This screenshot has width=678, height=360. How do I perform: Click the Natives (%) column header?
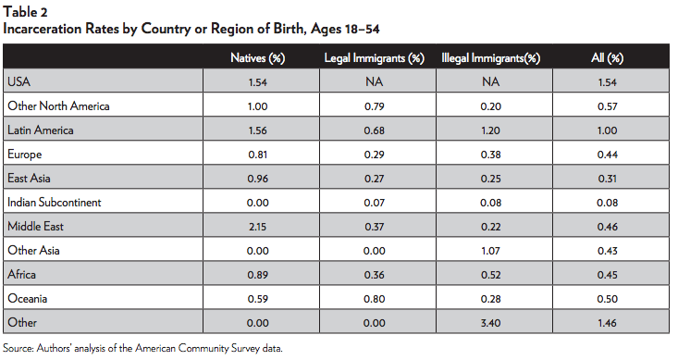[x=256, y=58]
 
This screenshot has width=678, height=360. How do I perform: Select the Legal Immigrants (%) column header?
[x=374, y=58]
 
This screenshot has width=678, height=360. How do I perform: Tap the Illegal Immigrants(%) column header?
[x=490, y=58]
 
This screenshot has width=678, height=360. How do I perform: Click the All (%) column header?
[x=607, y=58]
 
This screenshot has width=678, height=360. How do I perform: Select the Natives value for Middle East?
[x=256, y=225]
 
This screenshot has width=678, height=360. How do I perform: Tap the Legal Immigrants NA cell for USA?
[x=374, y=82]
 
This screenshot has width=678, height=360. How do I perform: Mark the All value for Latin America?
[x=607, y=130]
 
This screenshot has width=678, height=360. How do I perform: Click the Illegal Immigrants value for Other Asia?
[x=490, y=249]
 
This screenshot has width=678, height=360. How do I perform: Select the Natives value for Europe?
[x=256, y=154]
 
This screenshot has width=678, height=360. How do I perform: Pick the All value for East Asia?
[x=607, y=178]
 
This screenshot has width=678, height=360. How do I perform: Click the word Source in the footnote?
[x=18, y=349]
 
